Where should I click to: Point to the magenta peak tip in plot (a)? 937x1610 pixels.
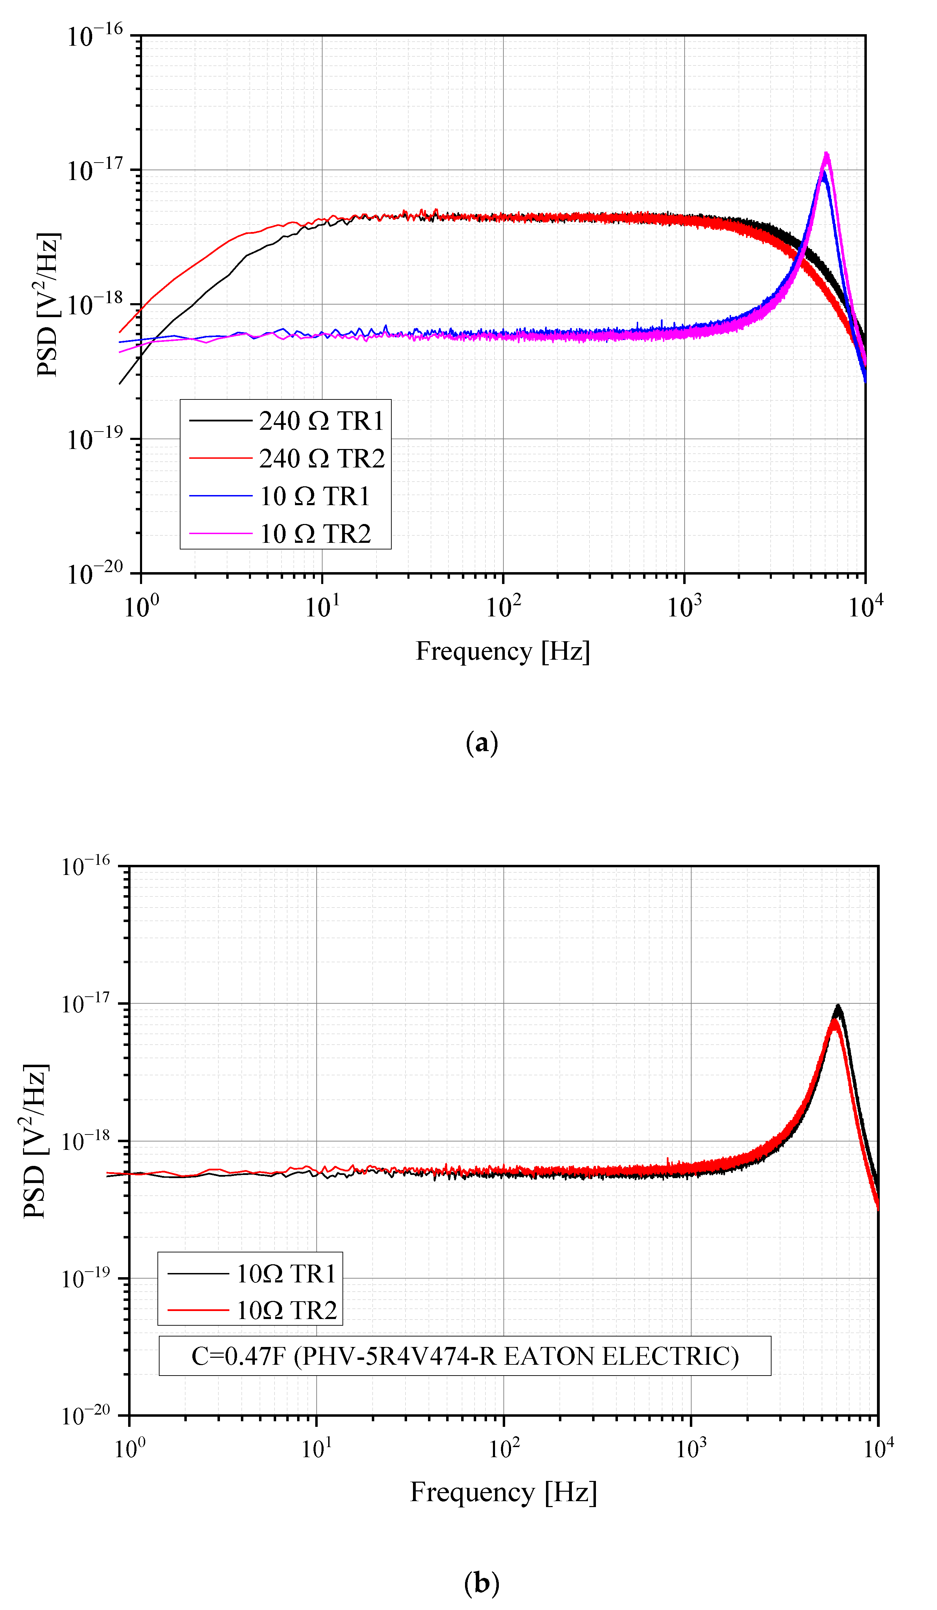pos(826,153)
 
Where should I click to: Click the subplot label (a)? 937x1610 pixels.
pos(481,743)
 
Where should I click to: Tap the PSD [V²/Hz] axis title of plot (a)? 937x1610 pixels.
pos(48,305)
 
